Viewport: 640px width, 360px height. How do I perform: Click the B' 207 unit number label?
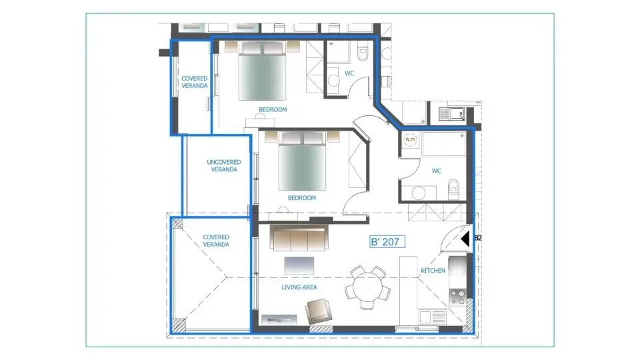point(385,242)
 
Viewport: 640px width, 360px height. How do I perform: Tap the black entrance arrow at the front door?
point(465,239)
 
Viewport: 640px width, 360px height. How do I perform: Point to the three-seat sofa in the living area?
point(298,237)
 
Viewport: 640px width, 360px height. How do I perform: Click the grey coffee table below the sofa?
point(298,265)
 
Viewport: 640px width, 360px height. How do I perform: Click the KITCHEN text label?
point(432,271)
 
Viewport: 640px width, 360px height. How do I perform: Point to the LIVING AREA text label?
point(299,287)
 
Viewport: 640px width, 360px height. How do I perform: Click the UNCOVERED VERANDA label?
point(224,166)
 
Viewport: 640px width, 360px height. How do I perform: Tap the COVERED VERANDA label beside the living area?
point(216,241)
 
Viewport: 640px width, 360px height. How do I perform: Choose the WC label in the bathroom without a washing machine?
point(349,73)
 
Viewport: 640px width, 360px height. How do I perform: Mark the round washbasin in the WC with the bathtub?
point(418,193)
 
